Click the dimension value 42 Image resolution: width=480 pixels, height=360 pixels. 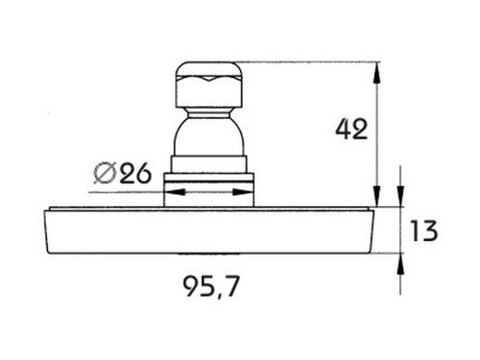351,129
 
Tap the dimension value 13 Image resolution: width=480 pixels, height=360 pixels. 424,230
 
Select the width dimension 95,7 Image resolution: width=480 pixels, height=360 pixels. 211,287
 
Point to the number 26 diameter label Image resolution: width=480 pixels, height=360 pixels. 135,173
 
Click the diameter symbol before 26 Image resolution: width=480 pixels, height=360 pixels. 105,173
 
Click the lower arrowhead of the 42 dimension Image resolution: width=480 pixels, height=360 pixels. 377,196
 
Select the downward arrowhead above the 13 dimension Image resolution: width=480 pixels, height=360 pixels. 400,197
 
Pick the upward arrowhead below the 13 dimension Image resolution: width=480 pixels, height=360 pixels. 400,264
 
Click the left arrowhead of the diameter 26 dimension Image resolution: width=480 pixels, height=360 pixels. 175,192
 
